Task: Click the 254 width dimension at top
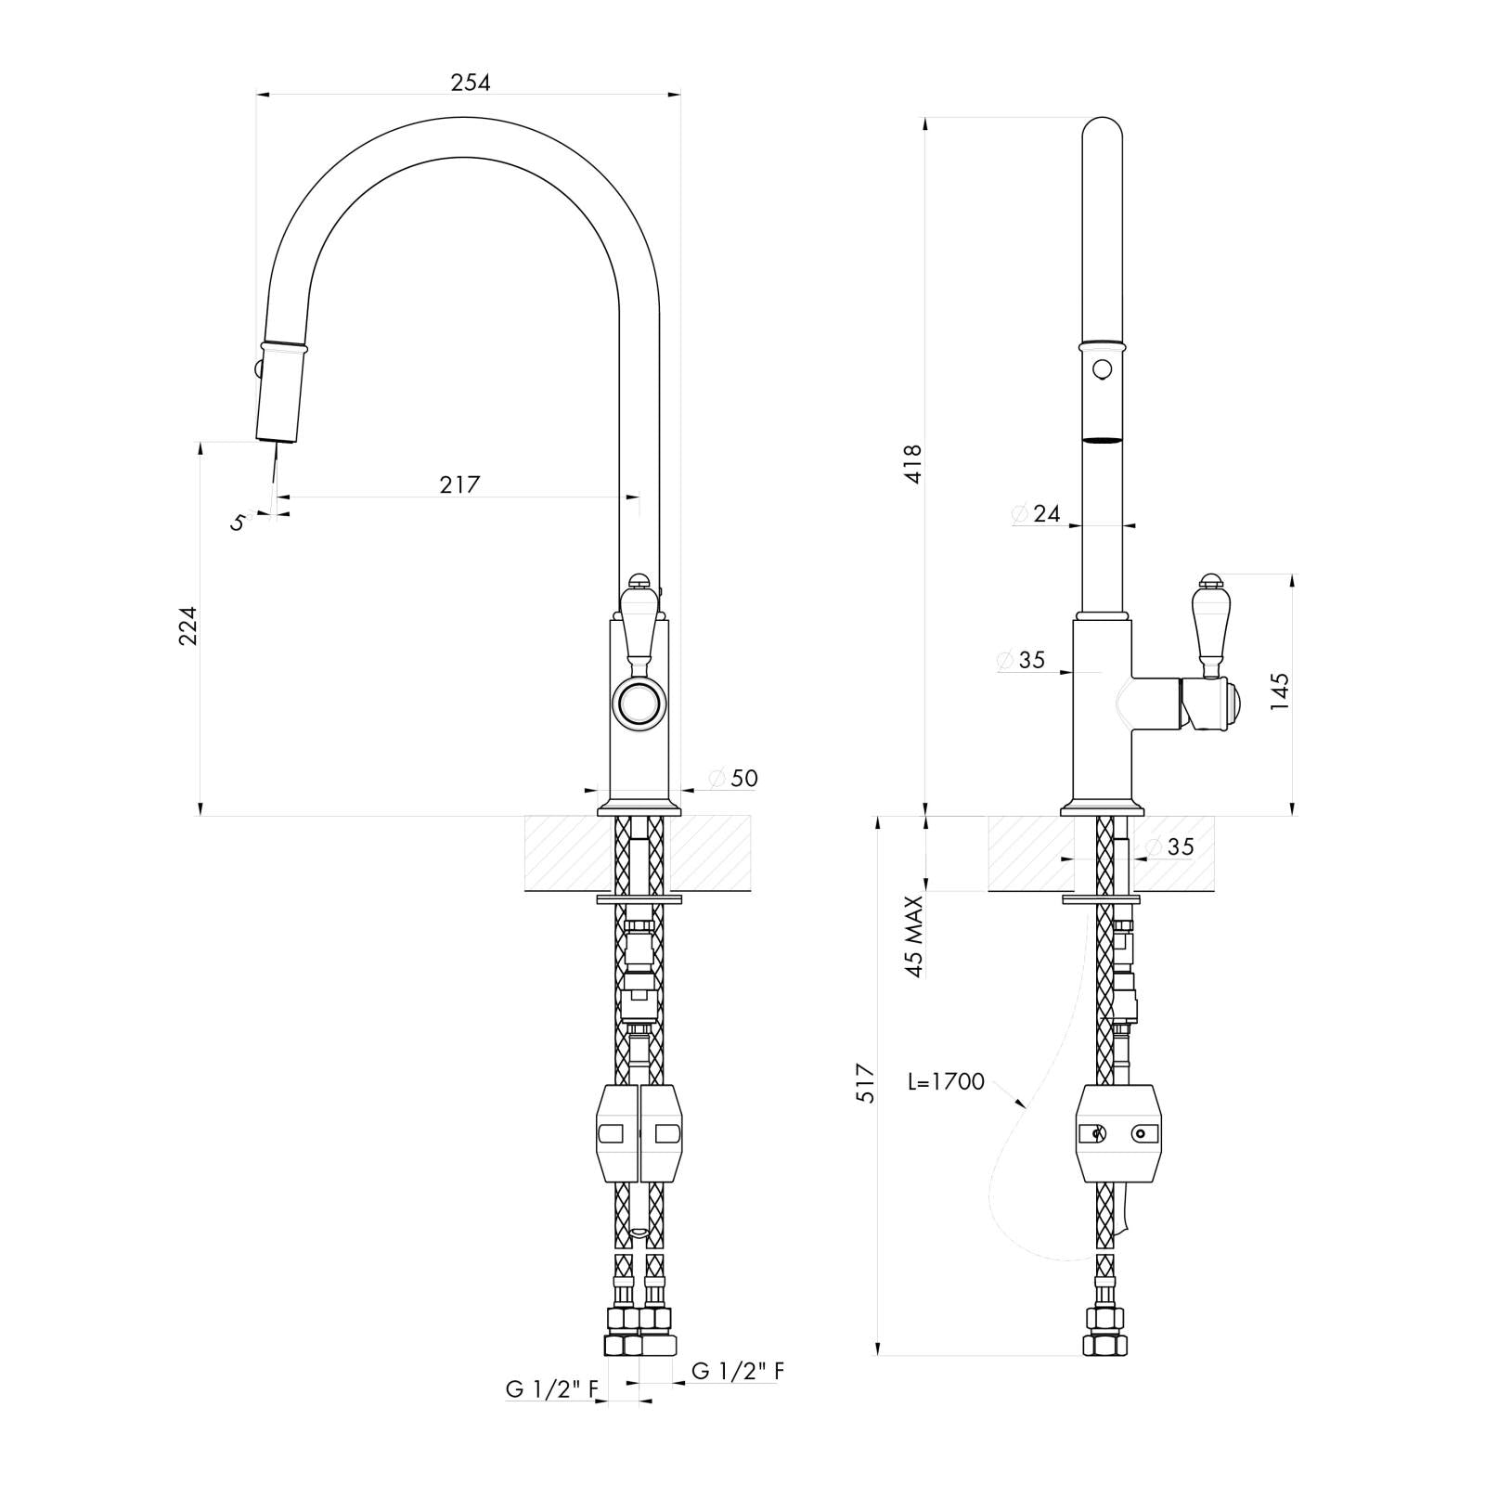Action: coord(470,83)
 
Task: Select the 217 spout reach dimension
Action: coord(460,484)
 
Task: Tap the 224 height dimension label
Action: coord(188,626)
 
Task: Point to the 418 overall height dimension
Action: coord(913,463)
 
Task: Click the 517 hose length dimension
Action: coord(865,1082)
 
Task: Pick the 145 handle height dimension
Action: coord(1280,691)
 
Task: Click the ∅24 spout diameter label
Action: coord(1036,513)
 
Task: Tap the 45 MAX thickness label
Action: coord(915,936)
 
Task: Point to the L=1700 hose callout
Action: coord(947,1082)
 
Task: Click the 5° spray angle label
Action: coord(239,522)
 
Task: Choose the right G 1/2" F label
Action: coord(738,1370)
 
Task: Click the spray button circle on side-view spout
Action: coord(1102,369)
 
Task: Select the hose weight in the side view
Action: coord(1117,1133)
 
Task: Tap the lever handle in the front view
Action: coord(639,625)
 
